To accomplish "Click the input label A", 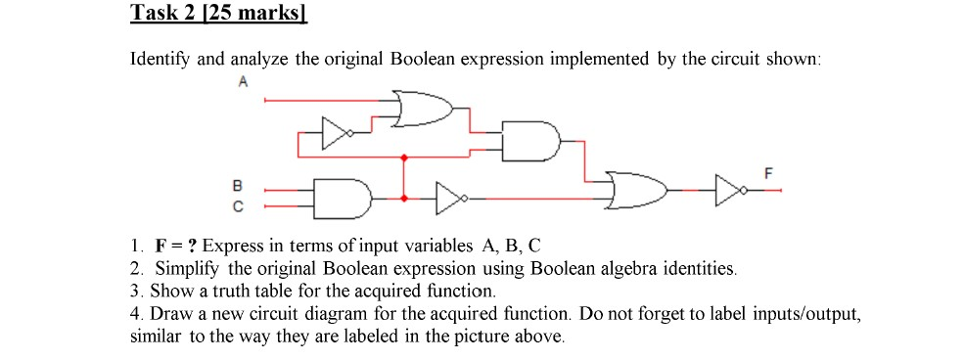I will (x=242, y=84).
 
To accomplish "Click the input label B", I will (x=235, y=185).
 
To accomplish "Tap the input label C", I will (x=235, y=206).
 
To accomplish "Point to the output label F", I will (x=767, y=172).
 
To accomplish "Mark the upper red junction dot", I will (x=404, y=157).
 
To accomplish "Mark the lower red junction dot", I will (x=404, y=198).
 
